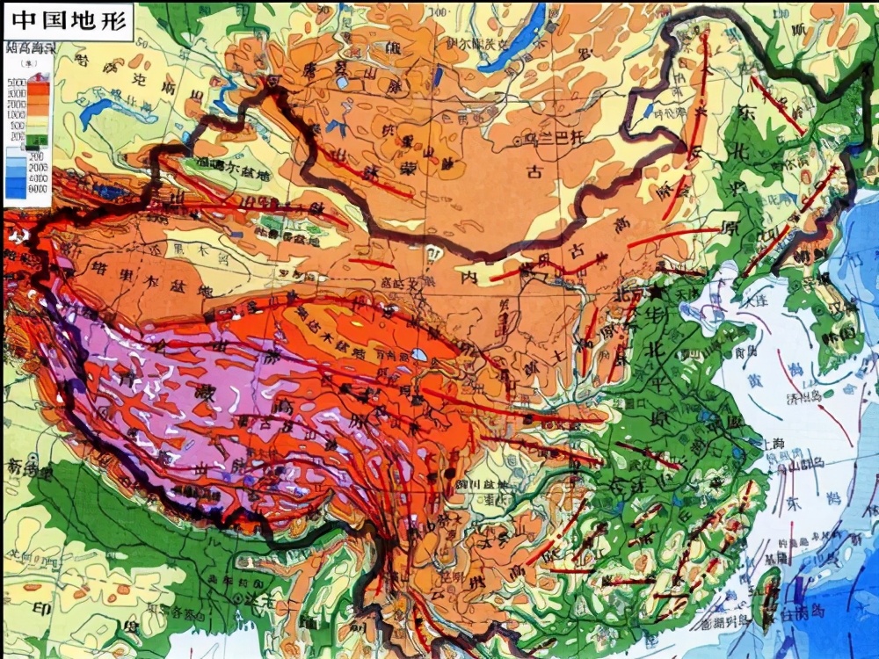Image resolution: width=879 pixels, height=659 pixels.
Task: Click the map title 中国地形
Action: click(68, 18)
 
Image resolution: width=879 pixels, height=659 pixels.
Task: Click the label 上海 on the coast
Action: click(773, 445)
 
